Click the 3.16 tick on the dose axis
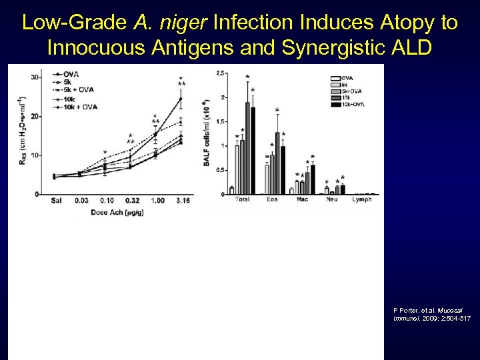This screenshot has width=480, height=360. coord(180,199)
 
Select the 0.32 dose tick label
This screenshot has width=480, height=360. coord(131,199)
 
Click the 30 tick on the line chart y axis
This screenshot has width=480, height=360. coord(35,78)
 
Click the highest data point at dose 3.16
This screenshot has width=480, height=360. coord(180,99)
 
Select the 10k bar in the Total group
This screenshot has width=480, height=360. coord(247,148)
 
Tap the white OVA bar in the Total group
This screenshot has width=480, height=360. coord(231,191)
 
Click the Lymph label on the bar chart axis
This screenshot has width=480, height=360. coord(361,200)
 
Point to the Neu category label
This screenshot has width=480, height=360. coord(332,200)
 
